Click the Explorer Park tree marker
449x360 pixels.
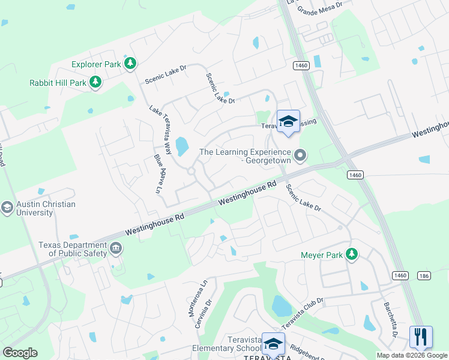[130, 64]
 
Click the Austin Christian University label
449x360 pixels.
[46, 208]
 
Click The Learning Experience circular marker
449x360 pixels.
[301, 156]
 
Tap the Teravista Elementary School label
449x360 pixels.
[234, 344]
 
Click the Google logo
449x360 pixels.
[20, 353]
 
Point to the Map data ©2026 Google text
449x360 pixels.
[411, 355]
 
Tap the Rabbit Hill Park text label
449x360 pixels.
[58, 83]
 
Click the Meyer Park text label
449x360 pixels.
[321, 255]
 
